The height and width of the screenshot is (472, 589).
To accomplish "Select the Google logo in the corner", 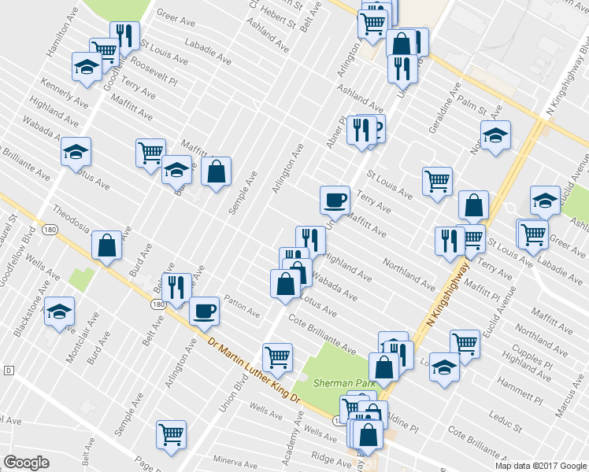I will point(26,463).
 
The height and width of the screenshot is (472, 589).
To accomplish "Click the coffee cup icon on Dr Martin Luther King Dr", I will point(205,310).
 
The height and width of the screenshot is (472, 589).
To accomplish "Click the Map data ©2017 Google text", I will point(541,465).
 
